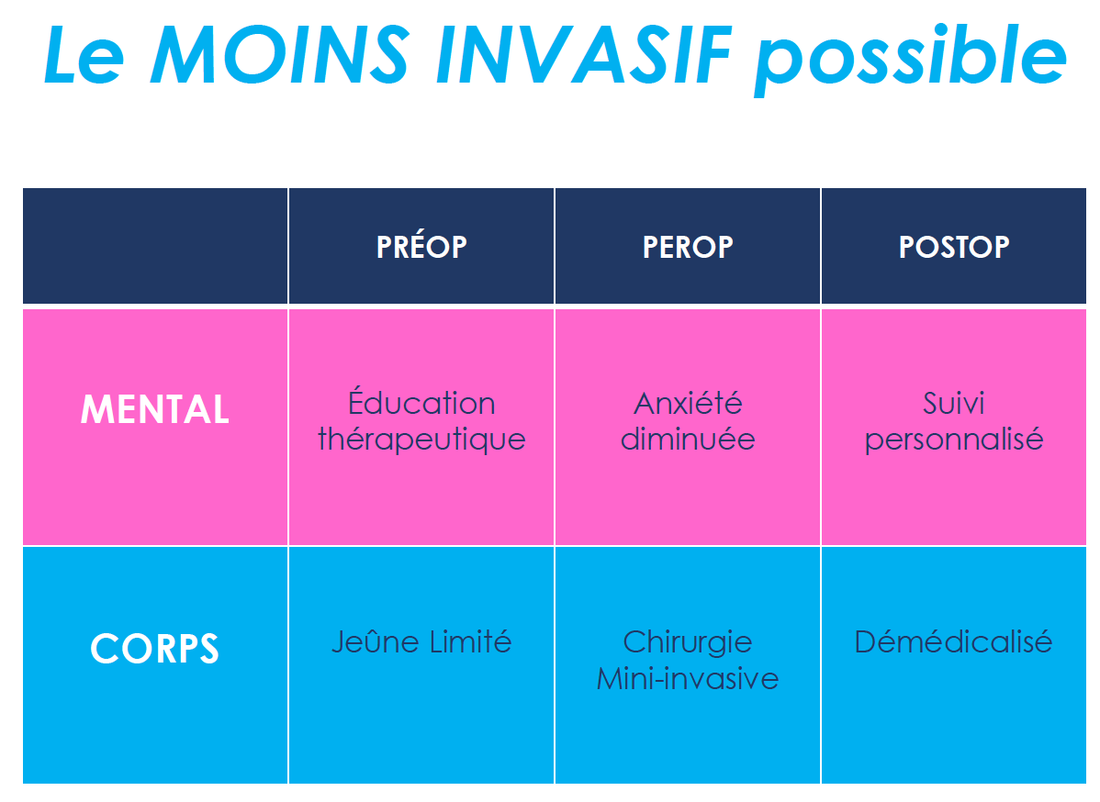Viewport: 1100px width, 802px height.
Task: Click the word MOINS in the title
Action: (x=280, y=55)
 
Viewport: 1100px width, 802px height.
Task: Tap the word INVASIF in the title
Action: (x=584, y=55)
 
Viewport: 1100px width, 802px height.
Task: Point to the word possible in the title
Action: (x=911, y=60)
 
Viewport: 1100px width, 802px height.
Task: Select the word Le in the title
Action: (x=84, y=55)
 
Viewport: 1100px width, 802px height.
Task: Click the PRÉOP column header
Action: (x=421, y=246)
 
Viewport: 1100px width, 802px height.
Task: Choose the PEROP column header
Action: (x=688, y=247)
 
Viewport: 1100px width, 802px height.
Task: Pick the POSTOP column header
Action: (x=954, y=247)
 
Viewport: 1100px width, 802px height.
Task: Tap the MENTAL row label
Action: (x=155, y=408)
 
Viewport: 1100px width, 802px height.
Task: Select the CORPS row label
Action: (x=155, y=649)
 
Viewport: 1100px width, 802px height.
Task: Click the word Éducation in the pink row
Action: (x=421, y=402)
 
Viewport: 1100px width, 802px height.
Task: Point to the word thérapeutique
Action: (x=421, y=440)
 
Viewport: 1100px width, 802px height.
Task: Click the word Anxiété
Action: (x=688, y=403)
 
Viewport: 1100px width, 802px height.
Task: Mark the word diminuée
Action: (x=688, y=439)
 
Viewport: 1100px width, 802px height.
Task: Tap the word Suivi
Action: (x=953, y=403)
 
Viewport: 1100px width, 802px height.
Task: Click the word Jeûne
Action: (x=376, y=641)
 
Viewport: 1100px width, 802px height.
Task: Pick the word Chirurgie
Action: (x=688, y=642)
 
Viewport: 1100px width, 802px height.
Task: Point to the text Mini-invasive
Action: (x=688, y=679)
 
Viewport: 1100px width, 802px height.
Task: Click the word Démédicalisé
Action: (x=953, y=641)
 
